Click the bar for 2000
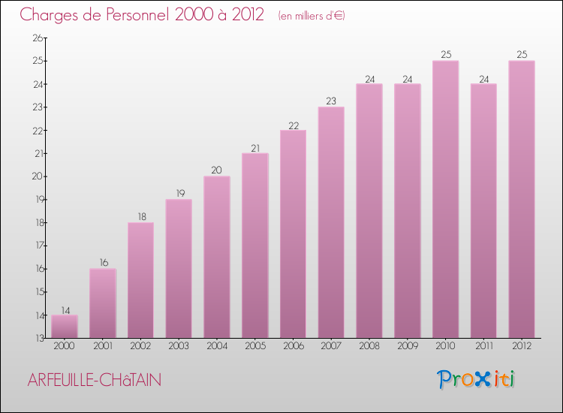[65, 327]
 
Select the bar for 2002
[140, 280]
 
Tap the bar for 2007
[331, 222]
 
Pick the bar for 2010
[445, 199]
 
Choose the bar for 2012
[522, 199]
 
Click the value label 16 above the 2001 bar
[103, 263]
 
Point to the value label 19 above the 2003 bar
[179, 193]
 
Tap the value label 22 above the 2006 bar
[293, 124]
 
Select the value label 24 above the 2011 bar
[483, 77]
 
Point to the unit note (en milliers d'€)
[311, 15]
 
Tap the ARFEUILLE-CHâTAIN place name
[94, 381]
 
